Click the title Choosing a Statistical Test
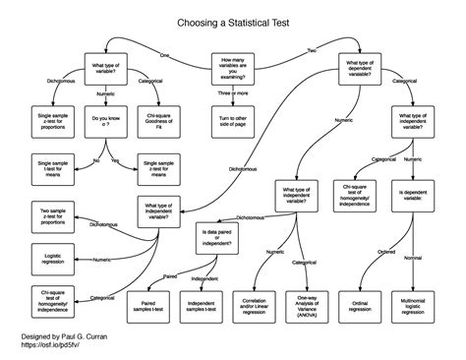[x=232, y=20]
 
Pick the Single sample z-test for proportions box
[x=53, y=120]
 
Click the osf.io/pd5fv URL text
[x=51, y=345]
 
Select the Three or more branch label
[x=233, y=93]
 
